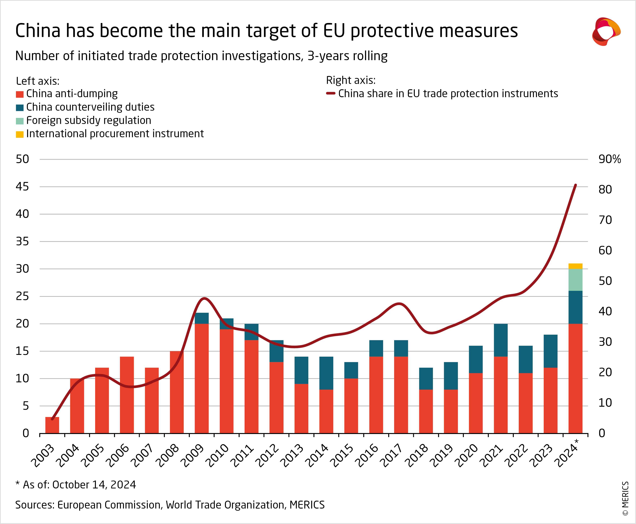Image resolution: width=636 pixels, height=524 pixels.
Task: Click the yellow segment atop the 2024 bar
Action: [x=575, y=266]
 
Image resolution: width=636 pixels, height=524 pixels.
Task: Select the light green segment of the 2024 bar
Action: [x=575, y=280]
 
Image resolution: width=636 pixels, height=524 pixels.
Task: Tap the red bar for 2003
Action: [x=52, y=425]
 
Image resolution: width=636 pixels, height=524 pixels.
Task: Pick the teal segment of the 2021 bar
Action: [x=501, y=340]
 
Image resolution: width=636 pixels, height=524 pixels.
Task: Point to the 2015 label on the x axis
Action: [x=342, y=455]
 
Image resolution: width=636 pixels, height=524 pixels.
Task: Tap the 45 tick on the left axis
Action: [x=22, y=186]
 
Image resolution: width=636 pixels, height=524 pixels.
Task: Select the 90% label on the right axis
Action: [x=609, y=159]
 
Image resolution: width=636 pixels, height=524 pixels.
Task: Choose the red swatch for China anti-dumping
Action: [x=20, y=94]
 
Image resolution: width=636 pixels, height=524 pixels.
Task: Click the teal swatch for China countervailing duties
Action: [x=20, y=108]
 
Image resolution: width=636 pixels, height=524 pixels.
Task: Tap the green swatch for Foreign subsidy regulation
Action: [x=20, y=121]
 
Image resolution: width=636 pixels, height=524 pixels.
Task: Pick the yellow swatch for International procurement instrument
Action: [x=20, y=134]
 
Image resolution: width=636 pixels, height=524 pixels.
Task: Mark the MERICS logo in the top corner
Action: [x=606, y=31]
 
